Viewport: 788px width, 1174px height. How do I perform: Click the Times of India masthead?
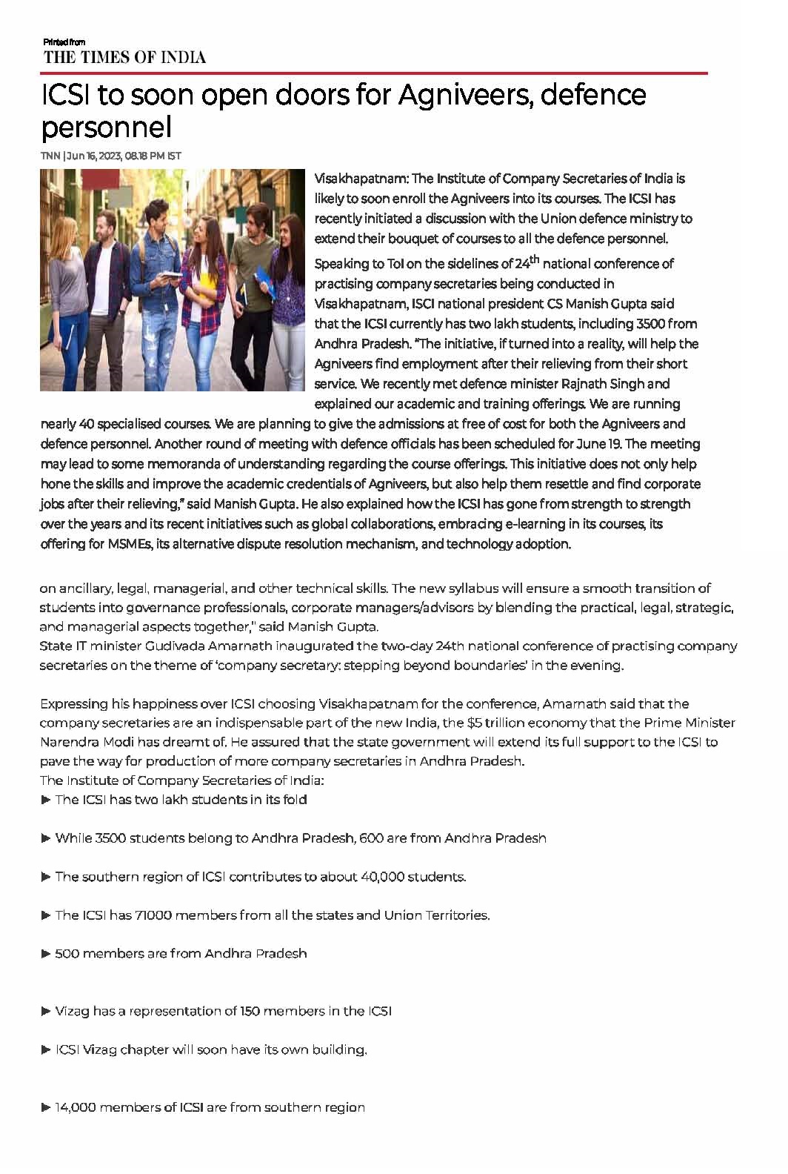124,57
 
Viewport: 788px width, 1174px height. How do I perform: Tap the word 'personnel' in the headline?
106,127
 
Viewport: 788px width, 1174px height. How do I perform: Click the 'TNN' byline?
50,156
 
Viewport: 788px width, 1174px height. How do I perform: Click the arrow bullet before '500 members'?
46,953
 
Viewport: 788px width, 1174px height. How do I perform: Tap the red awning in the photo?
100,180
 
